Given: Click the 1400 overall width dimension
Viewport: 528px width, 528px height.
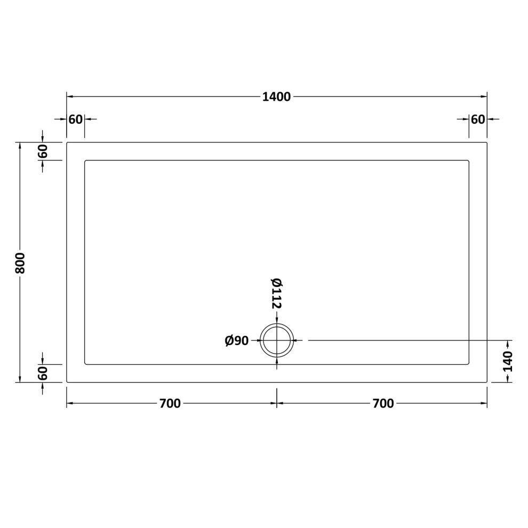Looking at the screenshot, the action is click(x=276, y=97).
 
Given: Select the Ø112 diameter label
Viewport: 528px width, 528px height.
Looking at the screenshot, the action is click(x=276, y=293).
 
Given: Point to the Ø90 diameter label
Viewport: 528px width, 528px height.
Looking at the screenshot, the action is click(x=236, y=341).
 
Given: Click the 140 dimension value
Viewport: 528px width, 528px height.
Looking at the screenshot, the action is click(x=507, y=361).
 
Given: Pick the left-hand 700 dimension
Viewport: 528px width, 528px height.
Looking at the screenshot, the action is click(x=170, y=403).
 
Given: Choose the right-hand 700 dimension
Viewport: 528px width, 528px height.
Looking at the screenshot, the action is click(x=383, y=403).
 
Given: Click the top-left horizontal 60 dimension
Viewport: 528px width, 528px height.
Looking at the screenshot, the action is click(x=75, y=119).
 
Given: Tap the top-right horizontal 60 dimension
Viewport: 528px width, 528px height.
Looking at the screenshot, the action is click(x=478, y=119).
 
